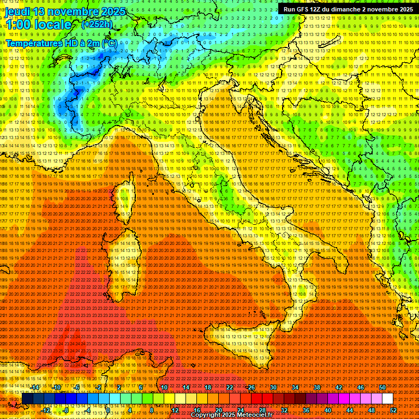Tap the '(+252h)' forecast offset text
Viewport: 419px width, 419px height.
pyautogui.click(x=97, y=24)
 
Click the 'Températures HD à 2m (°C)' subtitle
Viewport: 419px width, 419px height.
pyautogui.click(x=61, y=43)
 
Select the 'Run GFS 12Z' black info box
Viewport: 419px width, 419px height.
pyautogui.click(x=348, y=9)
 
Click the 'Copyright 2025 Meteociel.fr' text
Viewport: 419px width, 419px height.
pyautogui.click(x=231, y=415)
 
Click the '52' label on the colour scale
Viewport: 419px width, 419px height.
pyautogui.click(x=393, y=410)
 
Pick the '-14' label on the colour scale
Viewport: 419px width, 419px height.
pyautogui.click(x=35, y=387)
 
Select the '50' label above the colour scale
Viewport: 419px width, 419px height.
pyautogui.click(x=382, y=387)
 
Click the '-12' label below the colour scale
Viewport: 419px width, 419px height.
pyautogui.click(x=46, y=410)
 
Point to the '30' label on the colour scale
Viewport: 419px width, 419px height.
pyautogui.click(x=273, y=387)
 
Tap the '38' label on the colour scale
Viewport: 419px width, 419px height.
pyautogui.click(x=317, y=387)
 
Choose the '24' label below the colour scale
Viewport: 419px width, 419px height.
pyautogui.click(x=241, y=410)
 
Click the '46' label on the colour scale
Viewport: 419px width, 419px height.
pyautogui.click(x=361, y=387)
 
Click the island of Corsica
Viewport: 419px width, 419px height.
pyautogui.click(x=125, y=199)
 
